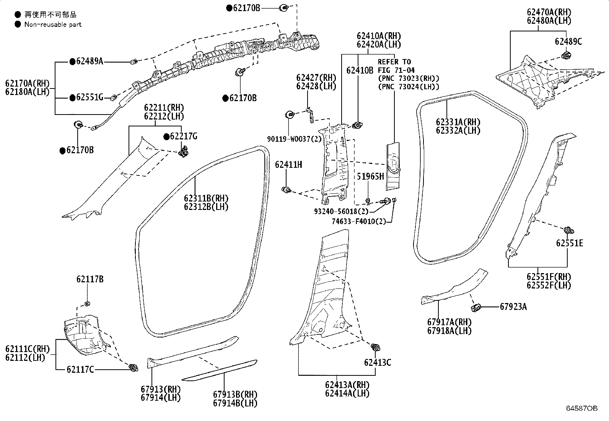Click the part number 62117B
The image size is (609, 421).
(x=90, y=279)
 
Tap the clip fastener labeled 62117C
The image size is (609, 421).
(x=134, y=367)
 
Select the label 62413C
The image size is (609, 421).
(x=378, y=362)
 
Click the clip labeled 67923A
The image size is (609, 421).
(x=476, y=308)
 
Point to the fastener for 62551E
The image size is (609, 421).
(x=568, y=230)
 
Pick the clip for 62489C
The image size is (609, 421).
(x=566, y=55)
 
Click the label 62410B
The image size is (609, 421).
(x=360, y=70)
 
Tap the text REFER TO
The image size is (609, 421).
(x=394, y=62)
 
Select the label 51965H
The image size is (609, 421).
(x=370, y=177)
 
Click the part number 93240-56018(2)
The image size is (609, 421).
(x=341, y=211)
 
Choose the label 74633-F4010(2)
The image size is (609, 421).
(x=359, y=221)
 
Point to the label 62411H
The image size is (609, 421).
(x=288, y=164)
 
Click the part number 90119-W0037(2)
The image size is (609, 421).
(x=295, y=139)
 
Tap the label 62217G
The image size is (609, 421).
(x=184, y=136)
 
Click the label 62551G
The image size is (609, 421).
(x=90, y=97)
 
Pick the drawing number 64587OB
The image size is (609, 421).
(x=582, y=408)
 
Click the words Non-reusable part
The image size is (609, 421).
(x=53, y=25)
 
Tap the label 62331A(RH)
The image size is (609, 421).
(x=458, y=122)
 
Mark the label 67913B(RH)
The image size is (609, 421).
(x=235, y=394)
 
